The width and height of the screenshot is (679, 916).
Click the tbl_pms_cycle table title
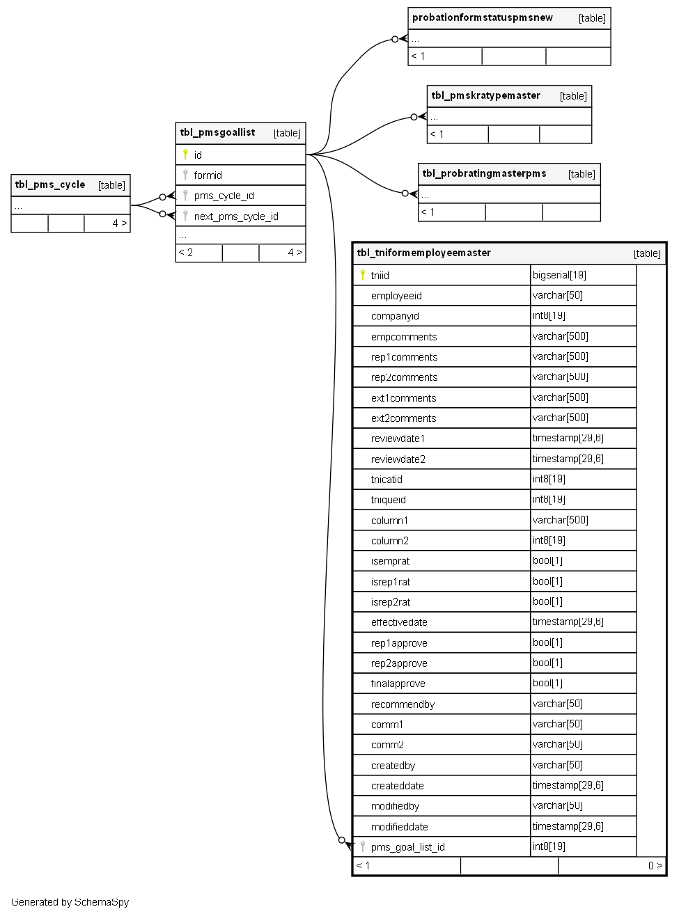pos(50,185)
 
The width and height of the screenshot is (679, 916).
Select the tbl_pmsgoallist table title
pos(217,133)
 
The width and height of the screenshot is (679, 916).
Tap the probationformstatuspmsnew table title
pos(483,18)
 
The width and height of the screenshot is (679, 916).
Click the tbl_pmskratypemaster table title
pos(485,96)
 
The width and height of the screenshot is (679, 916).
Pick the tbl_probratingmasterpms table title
pos(484,174)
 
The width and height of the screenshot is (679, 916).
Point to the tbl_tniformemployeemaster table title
pos(423,253)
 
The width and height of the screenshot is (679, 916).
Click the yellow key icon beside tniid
pos(362,275)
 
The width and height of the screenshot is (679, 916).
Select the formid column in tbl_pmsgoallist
pos(208,175)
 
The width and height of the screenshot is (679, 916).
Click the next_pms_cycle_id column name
pos(236,216)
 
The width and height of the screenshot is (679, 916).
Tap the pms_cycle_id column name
pos(224,196)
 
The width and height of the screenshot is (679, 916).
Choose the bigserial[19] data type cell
pos(559,275)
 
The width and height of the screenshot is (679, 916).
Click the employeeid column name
pos(396,296)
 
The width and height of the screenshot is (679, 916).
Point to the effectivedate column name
pos(399,622)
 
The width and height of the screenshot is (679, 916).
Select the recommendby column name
pos(403,704)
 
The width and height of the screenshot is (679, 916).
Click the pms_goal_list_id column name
pos(407,847)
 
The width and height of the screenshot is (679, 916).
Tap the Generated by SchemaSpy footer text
pos(70,902)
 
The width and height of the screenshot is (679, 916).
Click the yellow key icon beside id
pos(185,155)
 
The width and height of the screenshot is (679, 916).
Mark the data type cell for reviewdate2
pos(568,459)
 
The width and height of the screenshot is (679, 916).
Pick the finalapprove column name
pos(398,684)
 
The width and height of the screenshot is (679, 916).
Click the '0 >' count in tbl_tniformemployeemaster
pos(655,866)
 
